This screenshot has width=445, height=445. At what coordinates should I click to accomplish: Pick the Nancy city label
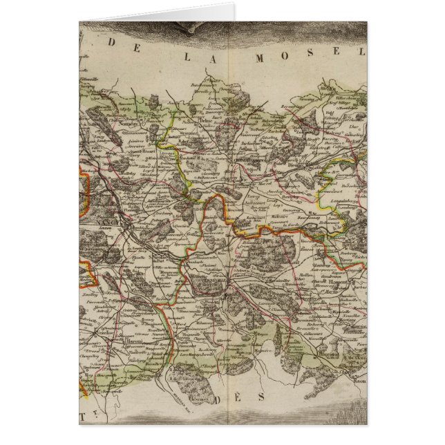pyautogui.click(x=125, y=225)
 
